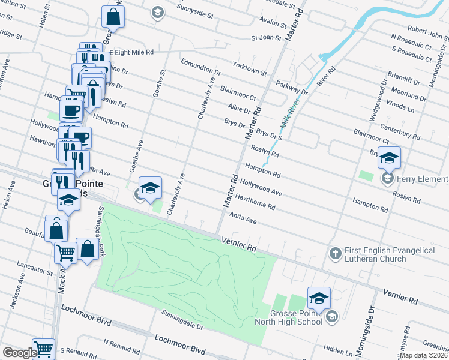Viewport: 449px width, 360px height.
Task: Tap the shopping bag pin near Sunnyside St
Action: (113, 17)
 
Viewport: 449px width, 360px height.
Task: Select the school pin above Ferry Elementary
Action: (389, 158)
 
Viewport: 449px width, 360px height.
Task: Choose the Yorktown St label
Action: (251, 67)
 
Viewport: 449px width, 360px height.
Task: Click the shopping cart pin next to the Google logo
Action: (43, 349)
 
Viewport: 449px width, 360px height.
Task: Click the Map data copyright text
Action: (424, 355)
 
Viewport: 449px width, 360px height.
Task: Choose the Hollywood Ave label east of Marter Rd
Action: (261, 187)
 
